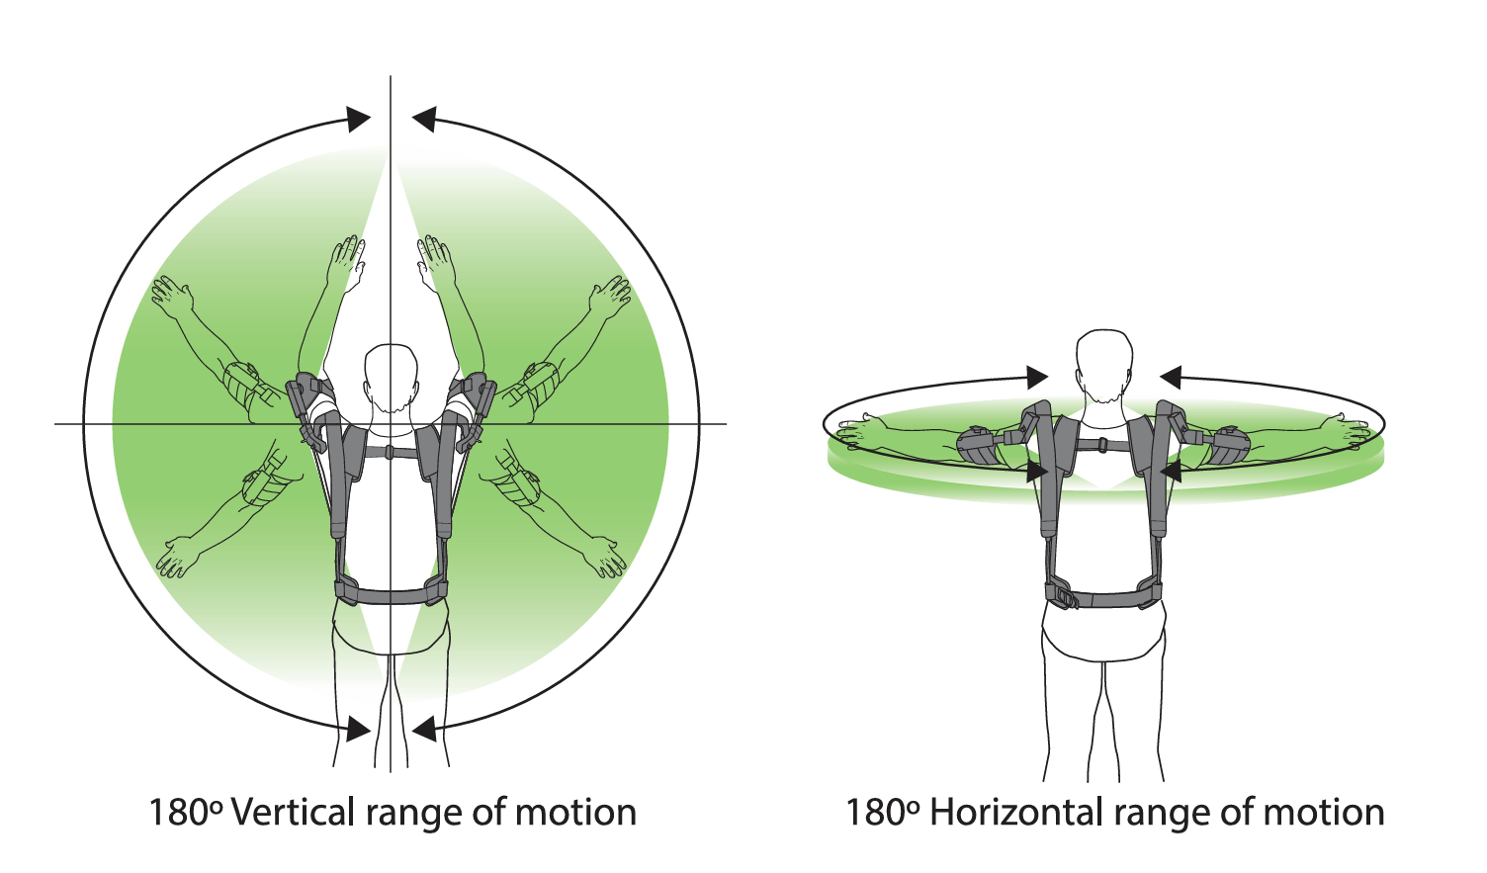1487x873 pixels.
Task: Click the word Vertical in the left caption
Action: pyautogui.click(x=292, y=813)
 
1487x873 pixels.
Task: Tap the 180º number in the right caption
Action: pyautogui.click(x=883, y=813)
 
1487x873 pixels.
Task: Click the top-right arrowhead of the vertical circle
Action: pyautogui.click(x=423, y=120)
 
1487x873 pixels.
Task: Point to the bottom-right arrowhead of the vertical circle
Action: pyautogui.click(x=423, y=730)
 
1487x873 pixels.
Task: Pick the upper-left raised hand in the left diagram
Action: pyautogui.click(x=171, y=296)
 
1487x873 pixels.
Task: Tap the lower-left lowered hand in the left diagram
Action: pyautogui.click(x=176, y=558)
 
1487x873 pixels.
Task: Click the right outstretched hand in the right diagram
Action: pyautogui.click(x=1353, y=428)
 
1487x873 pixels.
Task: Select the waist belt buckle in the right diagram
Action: pyautogui.click(x=1064, y=597)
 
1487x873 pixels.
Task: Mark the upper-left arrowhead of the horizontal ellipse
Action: pyautogui.click(x=1037, y=377)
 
